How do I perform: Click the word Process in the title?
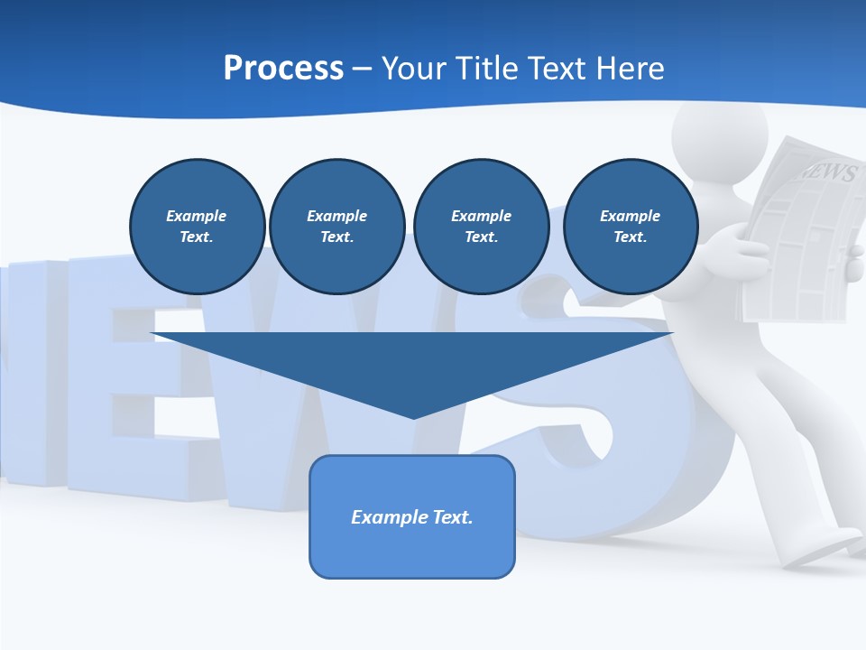click(283, 69)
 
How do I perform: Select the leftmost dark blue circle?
click(197, 227)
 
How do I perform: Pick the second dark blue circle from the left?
click(336, 227)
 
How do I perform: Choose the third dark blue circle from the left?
click(481, 227)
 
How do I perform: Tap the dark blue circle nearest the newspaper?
click(630, 227)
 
